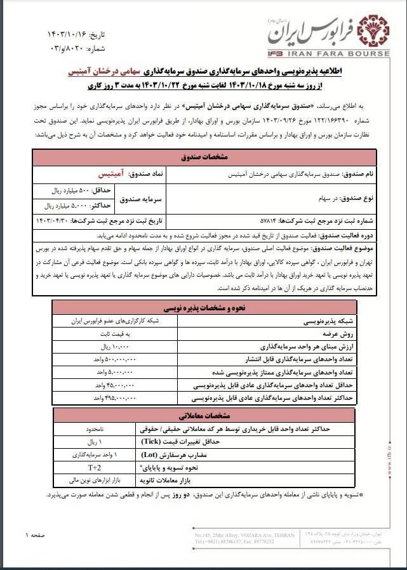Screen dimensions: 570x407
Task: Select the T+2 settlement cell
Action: click(x=93, y=468)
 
